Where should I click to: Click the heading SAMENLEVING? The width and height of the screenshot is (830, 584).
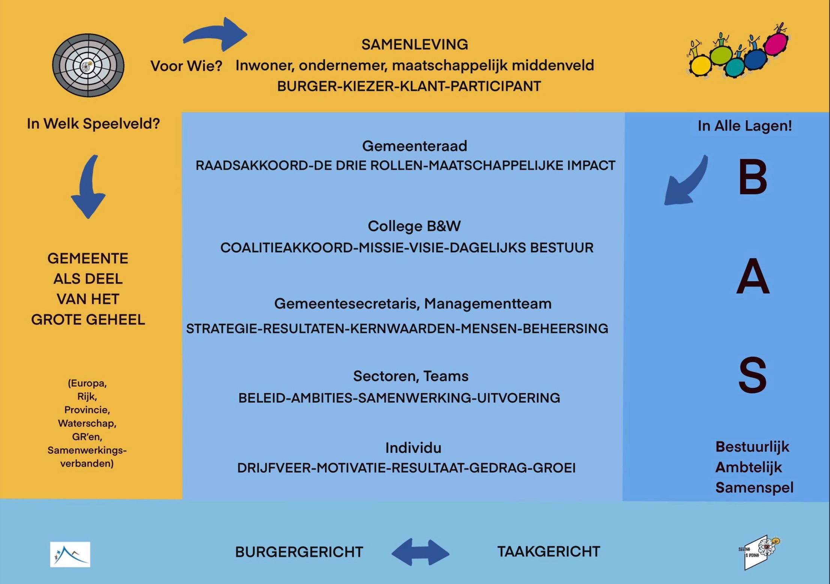(415, 45)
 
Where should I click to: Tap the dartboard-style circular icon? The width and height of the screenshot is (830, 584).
(88, 65)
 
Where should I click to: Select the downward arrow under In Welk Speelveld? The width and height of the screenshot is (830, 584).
(88, 187)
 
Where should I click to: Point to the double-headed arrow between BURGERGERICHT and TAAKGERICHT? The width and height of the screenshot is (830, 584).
(420, 552)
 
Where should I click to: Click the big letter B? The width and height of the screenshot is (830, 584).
(752, 177)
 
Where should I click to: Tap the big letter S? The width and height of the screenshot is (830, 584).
(752, 375)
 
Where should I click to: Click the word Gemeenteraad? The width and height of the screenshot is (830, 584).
(415, 146)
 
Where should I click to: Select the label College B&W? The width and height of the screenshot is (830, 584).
(414, 226)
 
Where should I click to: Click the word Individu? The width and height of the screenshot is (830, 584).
(414, 448)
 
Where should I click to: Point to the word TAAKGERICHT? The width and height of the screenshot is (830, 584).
(548, 551)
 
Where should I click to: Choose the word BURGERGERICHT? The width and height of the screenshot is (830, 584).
(299, 552)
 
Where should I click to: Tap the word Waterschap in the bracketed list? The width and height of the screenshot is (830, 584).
(87, 423)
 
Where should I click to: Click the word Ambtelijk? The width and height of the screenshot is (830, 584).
(748, 467)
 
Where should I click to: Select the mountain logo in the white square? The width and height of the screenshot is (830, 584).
(70, 554)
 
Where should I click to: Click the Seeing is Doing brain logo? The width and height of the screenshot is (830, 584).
(759, 552)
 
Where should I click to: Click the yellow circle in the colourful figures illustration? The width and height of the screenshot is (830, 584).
(700, 66)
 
